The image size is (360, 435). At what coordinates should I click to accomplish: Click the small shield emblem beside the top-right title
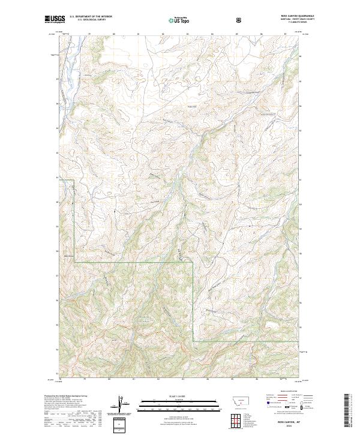tap(240, 20)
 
